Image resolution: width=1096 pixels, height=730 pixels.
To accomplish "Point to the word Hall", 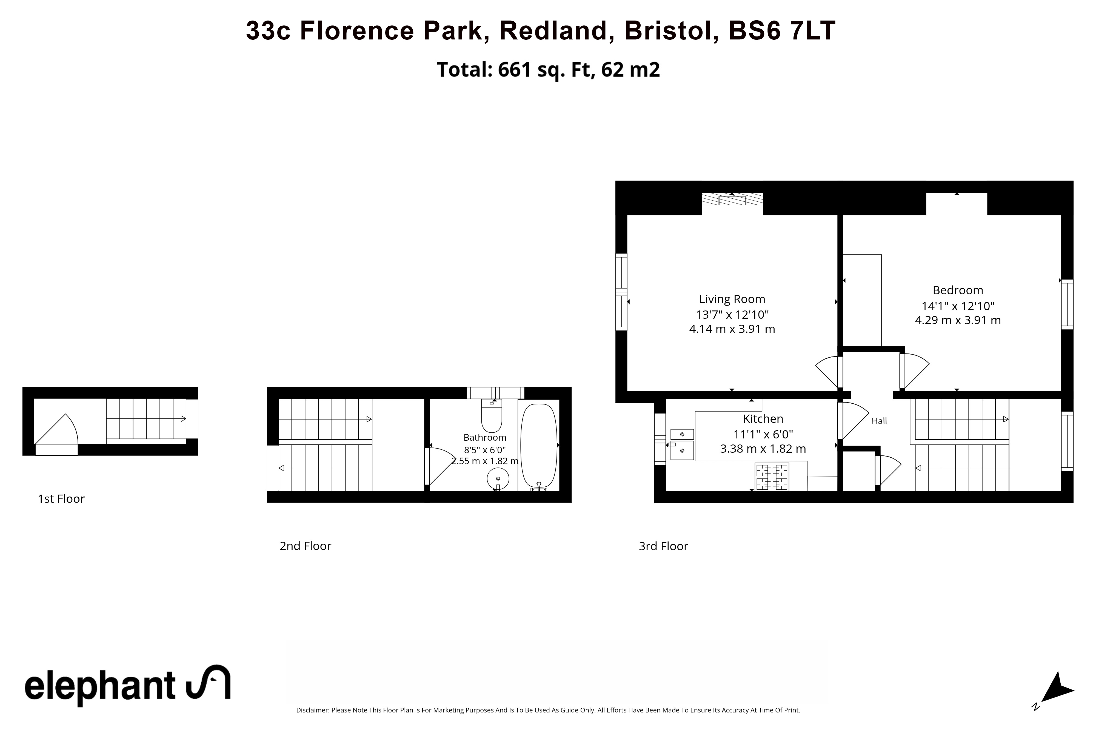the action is click(x=879, y=421).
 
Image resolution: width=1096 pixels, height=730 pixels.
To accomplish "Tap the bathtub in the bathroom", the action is click(x=538, y=446).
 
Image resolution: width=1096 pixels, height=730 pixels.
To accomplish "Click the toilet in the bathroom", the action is click(x=492, y=416).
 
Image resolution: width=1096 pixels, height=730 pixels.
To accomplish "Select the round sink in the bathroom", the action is click(x=498, y=478).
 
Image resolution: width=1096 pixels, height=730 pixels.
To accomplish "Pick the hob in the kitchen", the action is click(x=772, y=477).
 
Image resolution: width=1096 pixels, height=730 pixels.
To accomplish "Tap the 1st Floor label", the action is click(x=61, y=499).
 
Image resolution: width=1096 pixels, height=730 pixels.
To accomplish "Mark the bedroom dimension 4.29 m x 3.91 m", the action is click(x=958, y=320).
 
